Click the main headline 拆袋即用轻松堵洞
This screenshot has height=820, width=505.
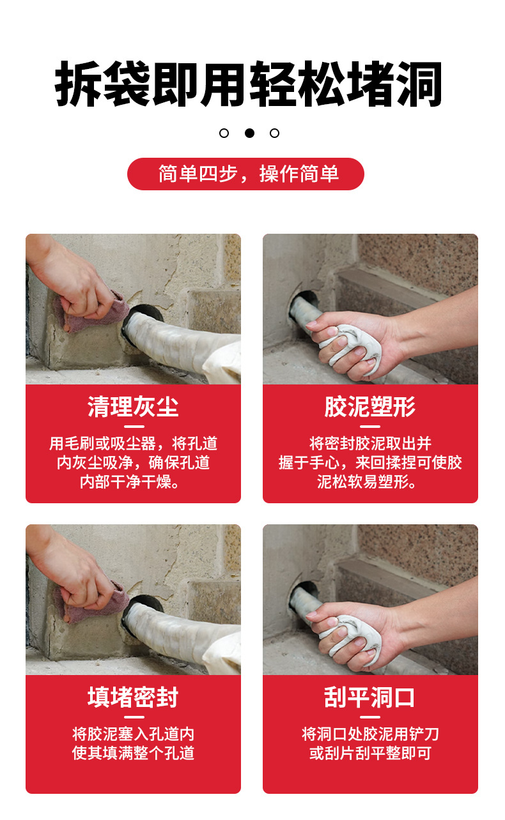pos(249,84)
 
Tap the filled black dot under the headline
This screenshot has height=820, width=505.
pos(249,133)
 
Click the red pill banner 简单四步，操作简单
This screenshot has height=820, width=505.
pos(245,174)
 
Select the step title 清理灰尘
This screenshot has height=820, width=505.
pos(133,406)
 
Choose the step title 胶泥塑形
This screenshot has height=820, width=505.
pos(370,406)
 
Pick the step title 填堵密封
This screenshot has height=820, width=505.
pos(133,697)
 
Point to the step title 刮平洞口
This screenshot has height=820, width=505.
pos(369,697)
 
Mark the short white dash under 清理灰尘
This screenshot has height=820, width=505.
pos(134,427)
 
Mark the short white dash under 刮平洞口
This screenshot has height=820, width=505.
pos(369,717)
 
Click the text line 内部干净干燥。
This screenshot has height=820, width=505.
pos(130,482)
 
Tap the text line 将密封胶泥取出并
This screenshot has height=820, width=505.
pos(370,443)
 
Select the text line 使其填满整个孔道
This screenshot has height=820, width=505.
pos(133,753)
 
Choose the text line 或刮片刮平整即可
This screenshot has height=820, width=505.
pos(370,753)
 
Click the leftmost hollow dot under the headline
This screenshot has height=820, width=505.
pos(224,133)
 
